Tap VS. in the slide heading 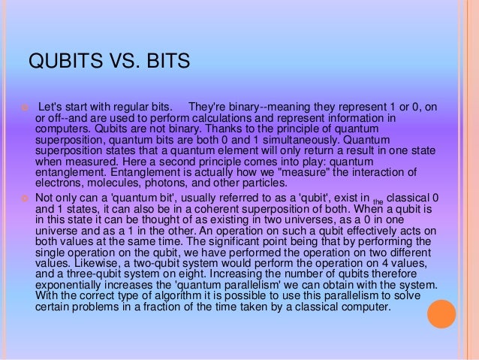click(114, 59)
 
